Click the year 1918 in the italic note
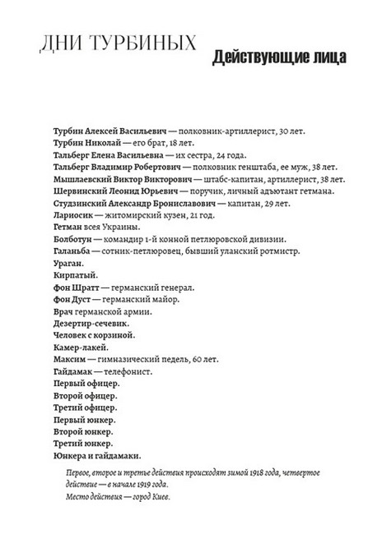[x=244, y=474]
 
